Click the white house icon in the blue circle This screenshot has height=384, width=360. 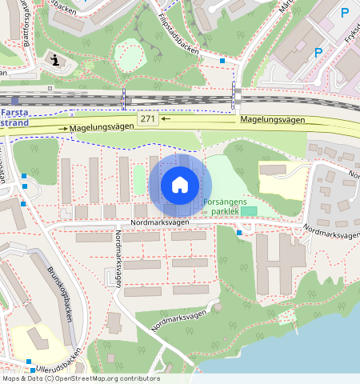coord(180,185)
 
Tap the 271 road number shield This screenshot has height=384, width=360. coord(146,119)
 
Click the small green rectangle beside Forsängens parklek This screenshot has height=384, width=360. coord(250,210)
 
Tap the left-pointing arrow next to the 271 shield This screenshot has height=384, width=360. coord(165,119)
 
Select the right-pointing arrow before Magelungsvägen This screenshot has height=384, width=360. coord(61,128)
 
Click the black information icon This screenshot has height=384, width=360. coord(54,58)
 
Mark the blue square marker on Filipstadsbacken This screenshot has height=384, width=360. coord(222,60)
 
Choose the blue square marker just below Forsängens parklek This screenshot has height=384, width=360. coord(239,233)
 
